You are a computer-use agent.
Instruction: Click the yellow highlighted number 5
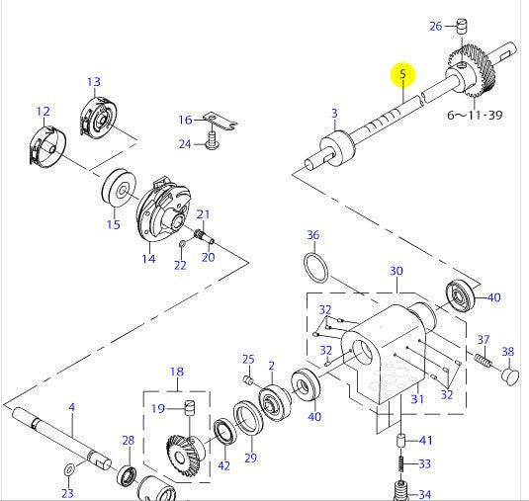pos(402,74)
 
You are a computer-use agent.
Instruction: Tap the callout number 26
pos(436,26)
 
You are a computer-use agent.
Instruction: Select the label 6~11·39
pos(475,115)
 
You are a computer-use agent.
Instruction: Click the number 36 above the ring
pos(312,235)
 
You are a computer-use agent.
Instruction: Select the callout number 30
pos(396,270)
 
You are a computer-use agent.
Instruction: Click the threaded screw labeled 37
pos(484,362)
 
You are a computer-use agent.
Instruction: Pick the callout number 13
pos(93,82)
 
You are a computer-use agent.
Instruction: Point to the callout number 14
pos(147,259)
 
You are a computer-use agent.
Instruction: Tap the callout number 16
pos(185,121)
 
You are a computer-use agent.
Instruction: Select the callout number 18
pos(176,372)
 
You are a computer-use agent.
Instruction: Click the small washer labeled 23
pos(68,467)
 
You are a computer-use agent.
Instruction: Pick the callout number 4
pos(71,407)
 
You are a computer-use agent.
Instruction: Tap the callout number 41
pos(426,441)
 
